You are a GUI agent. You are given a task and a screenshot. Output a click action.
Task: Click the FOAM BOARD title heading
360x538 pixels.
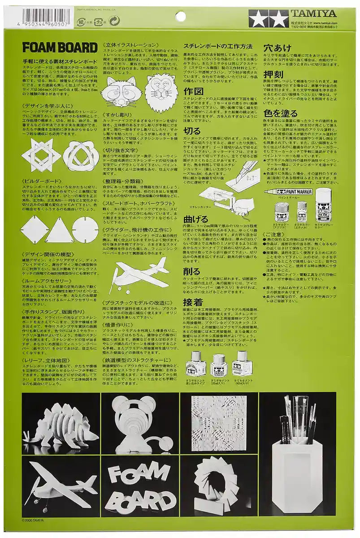[60, 48]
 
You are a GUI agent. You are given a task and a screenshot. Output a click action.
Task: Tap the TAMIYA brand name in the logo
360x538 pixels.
[320, 13]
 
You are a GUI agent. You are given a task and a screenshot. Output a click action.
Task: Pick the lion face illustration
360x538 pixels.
[161, 92]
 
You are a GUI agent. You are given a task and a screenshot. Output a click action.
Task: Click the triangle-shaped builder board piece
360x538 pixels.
[60, 230]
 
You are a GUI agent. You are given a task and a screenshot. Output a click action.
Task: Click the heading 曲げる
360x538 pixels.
[196, 220]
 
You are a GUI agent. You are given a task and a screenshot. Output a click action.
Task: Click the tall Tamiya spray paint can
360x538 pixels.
[323, 205]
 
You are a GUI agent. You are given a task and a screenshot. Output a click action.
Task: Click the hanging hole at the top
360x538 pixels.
[180, 17]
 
